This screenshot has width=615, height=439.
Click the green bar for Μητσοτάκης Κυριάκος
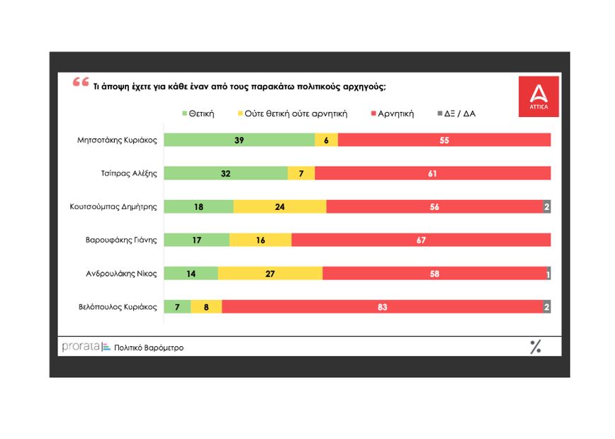239,140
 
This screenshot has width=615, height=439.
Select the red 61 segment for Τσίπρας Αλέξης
432,173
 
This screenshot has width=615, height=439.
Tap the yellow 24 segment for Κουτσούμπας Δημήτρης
280,206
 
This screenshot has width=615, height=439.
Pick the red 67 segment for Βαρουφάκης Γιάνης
421,240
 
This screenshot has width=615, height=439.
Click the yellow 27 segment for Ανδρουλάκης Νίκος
270,273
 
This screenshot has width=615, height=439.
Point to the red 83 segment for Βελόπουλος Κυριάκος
383,306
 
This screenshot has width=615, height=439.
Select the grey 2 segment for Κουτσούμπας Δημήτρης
547,206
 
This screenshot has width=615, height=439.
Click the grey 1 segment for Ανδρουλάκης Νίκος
548,273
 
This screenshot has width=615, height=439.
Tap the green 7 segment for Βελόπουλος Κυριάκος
177,306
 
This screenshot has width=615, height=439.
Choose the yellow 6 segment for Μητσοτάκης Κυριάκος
327,140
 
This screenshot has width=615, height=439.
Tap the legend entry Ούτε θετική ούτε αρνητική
290,113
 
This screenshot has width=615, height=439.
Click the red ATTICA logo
538,96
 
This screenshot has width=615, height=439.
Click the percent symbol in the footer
536,347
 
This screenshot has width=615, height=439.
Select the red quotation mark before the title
81,82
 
